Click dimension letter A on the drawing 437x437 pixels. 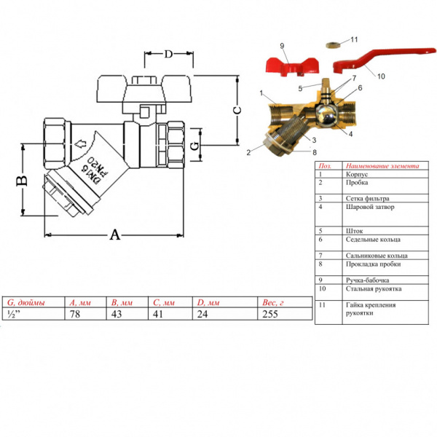[x=115, y=235]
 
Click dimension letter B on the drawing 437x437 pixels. [x=22, y=178]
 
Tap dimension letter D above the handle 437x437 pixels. [x=168, y=55]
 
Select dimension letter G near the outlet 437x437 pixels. [x=194, y=146]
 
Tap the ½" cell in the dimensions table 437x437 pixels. [x=13, y=315]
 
